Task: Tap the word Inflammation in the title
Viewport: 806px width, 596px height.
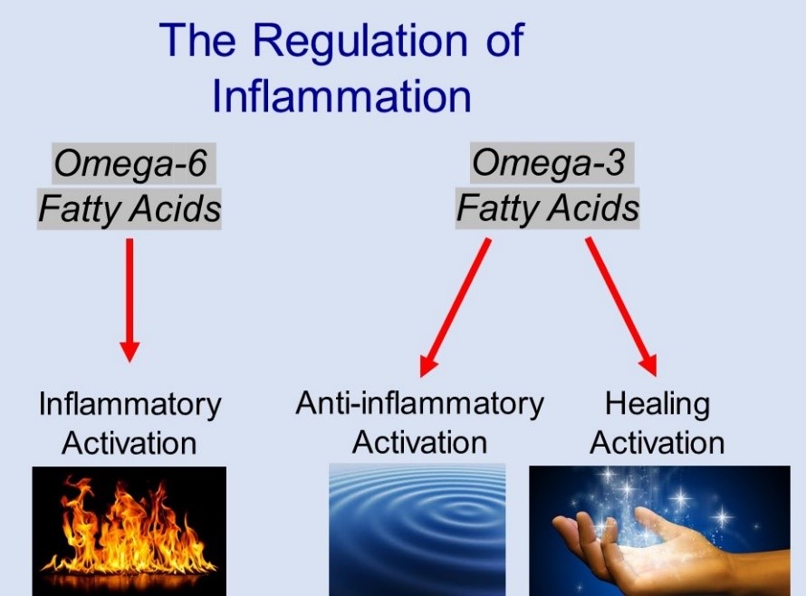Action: [x=341, y=95]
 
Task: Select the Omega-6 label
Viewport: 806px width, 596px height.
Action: [x=130, y=165]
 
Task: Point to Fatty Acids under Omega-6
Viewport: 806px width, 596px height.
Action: [x=130, y=209]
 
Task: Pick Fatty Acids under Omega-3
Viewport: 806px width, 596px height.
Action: [x=548, y=209]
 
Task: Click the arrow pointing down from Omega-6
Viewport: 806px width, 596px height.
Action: [x=130, y=299]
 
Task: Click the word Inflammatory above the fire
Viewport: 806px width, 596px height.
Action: [x=130, y=405]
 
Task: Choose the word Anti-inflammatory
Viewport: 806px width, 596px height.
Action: [x=419, y=403]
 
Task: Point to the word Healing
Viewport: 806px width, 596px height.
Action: [x=657, y=404]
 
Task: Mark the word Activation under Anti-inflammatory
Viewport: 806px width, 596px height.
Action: [x=419, y=443]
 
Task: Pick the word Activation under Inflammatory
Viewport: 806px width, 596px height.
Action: [x=130, y=444]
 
